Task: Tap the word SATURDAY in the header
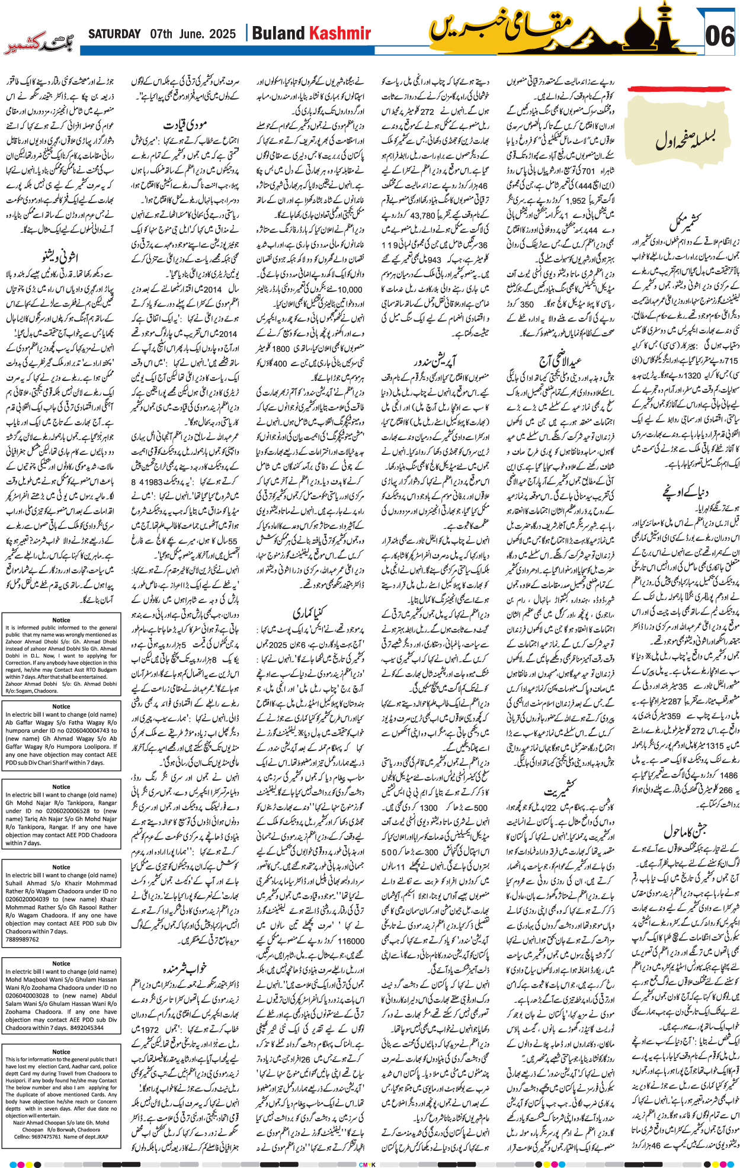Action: [114, 34]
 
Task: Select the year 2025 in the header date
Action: [222, 34]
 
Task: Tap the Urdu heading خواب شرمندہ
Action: [185, 968]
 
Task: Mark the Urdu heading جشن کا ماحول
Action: [685, 831]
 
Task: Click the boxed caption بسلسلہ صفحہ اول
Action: [685, 141]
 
